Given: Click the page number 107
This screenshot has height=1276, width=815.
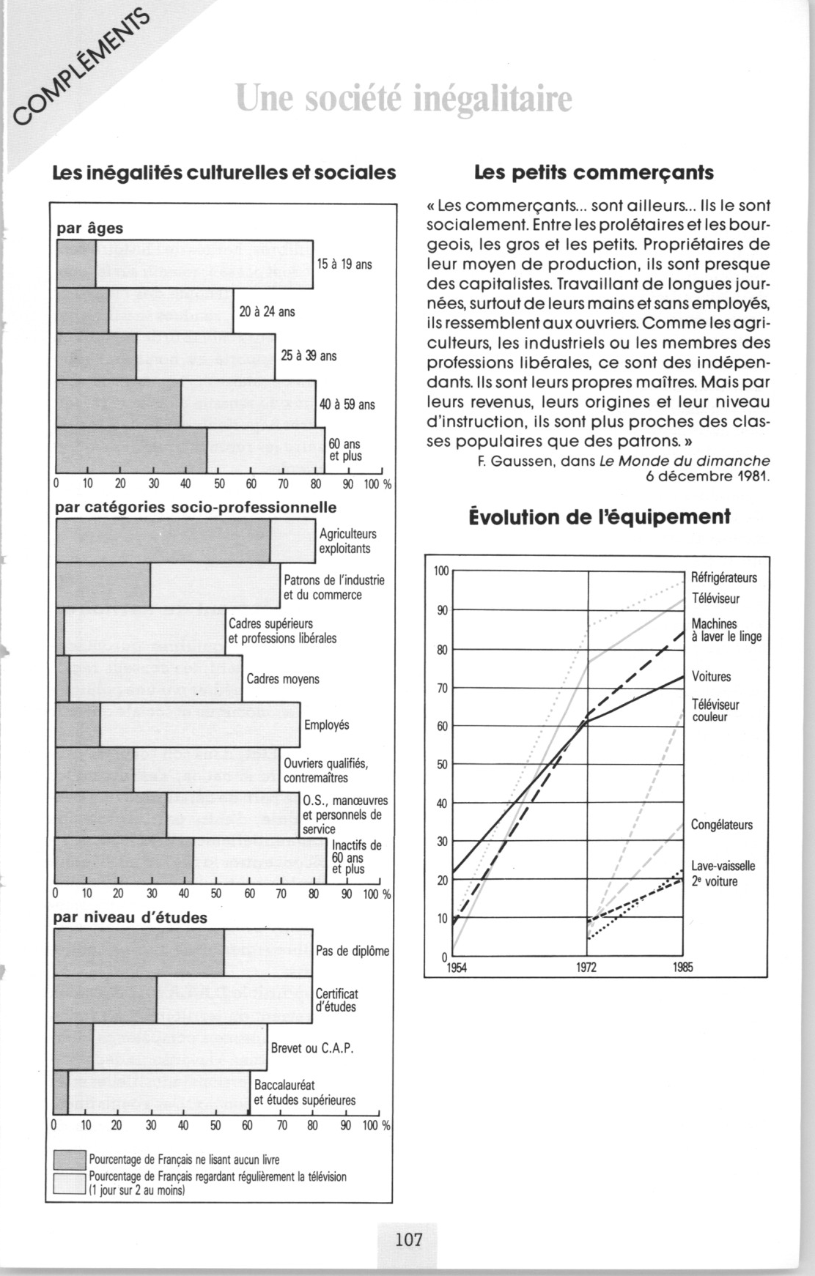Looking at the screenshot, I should [408, 1239].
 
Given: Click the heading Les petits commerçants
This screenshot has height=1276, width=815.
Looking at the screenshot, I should [594, 173].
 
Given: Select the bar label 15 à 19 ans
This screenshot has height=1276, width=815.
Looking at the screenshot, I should [344, 264].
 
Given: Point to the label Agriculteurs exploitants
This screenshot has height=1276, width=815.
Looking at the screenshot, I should [348, 541].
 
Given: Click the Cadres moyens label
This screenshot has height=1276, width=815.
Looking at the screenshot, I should [283, 679].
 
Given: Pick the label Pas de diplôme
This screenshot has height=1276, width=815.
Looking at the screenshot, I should [352, 951].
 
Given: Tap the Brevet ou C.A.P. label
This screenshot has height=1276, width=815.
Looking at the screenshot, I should [312, 1048].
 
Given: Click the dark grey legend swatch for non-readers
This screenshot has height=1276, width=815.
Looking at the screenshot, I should [70, 1160].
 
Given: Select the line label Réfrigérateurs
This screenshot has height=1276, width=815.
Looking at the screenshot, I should [724, 578].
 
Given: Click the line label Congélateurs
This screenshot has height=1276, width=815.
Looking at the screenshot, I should [721, 825].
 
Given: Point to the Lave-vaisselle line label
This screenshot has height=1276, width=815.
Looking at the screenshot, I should [723, 866].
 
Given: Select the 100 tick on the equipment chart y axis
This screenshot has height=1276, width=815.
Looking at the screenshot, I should [440, 571].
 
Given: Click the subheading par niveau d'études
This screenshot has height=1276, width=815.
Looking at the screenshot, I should [132, 917].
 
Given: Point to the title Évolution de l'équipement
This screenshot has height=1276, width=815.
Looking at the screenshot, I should [600, 517].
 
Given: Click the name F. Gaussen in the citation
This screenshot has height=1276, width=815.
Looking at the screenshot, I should [510, 461].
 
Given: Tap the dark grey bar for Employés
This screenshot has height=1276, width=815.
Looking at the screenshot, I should [78, 724].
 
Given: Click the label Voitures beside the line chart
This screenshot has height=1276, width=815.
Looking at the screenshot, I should [711, 677].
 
